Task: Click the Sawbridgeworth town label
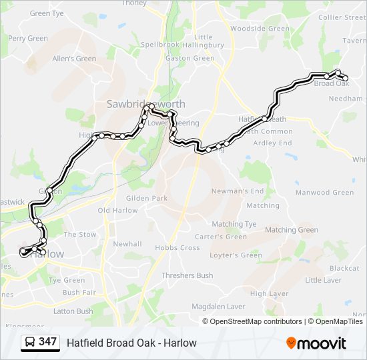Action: click(x=145, y=104)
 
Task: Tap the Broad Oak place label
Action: click(x=332, y=84)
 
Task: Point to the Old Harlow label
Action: click(x=117, y=211)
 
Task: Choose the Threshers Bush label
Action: click(x=187, y=275)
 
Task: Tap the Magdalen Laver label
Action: click(x=210, y=306)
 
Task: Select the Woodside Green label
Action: click(x=260, y=29)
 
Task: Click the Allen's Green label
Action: click(x=74, y=59)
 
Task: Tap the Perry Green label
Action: click(x=28, y=39)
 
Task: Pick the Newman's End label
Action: click(x=238, y=191)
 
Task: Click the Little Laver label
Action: click(x=323, y=281)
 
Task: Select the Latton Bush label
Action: click(x=73, y=311)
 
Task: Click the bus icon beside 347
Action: click(x=29, y=343)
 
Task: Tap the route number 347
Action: click(x=47, y=342)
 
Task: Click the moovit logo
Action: click(x=317, y=343)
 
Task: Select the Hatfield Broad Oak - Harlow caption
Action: click(x=131, y=343)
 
